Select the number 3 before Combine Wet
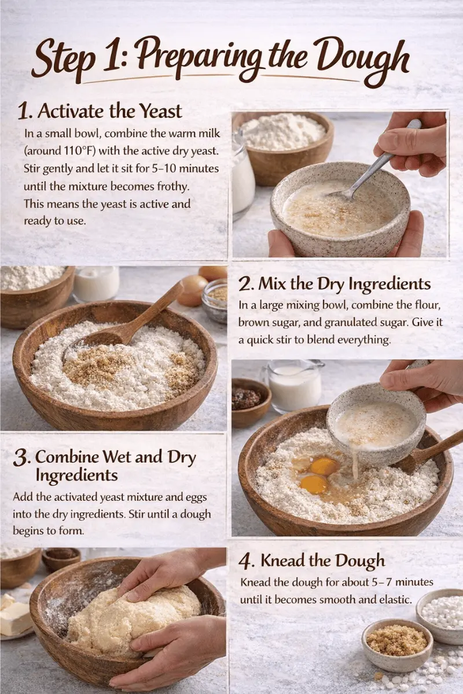(x=21, y=458)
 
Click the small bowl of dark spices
(x=249, y=399)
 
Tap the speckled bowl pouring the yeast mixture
(x=376, y=425)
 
